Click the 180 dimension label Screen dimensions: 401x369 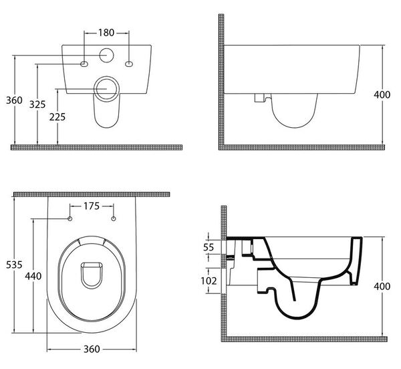(106, 33)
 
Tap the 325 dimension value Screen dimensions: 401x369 (37, 104)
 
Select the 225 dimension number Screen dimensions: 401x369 (57, 117)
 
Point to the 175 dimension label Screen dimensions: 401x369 (92, 206)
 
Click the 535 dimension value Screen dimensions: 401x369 (14, 265)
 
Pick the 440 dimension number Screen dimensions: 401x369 (33, 276)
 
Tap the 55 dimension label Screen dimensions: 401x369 (209, 247)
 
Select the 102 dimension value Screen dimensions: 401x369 (209, 281)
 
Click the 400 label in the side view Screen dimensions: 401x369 (382, 95)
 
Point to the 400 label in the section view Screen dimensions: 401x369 (382, 287)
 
